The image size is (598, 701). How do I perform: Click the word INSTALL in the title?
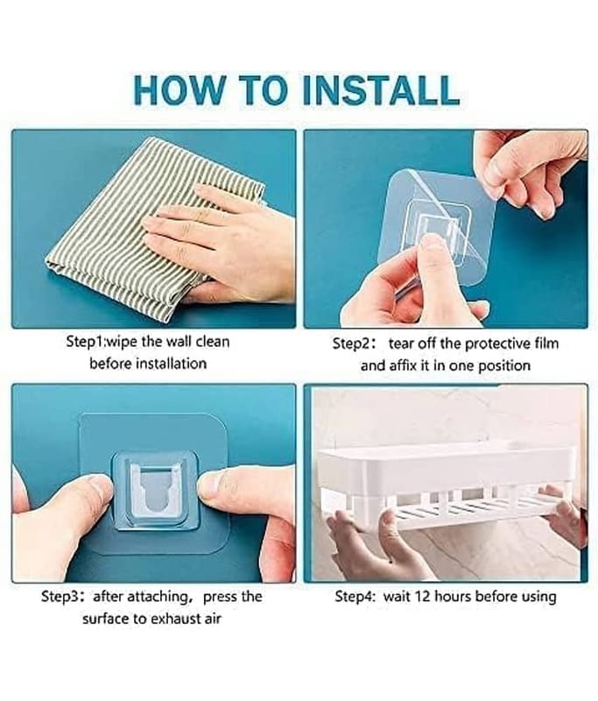pos(381,90)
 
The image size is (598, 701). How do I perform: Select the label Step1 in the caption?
pos(85,342)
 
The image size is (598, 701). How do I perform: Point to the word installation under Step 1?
pos(171,364)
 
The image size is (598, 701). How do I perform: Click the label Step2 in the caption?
pos(351,343)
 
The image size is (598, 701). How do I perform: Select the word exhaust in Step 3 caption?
pos(173,620)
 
